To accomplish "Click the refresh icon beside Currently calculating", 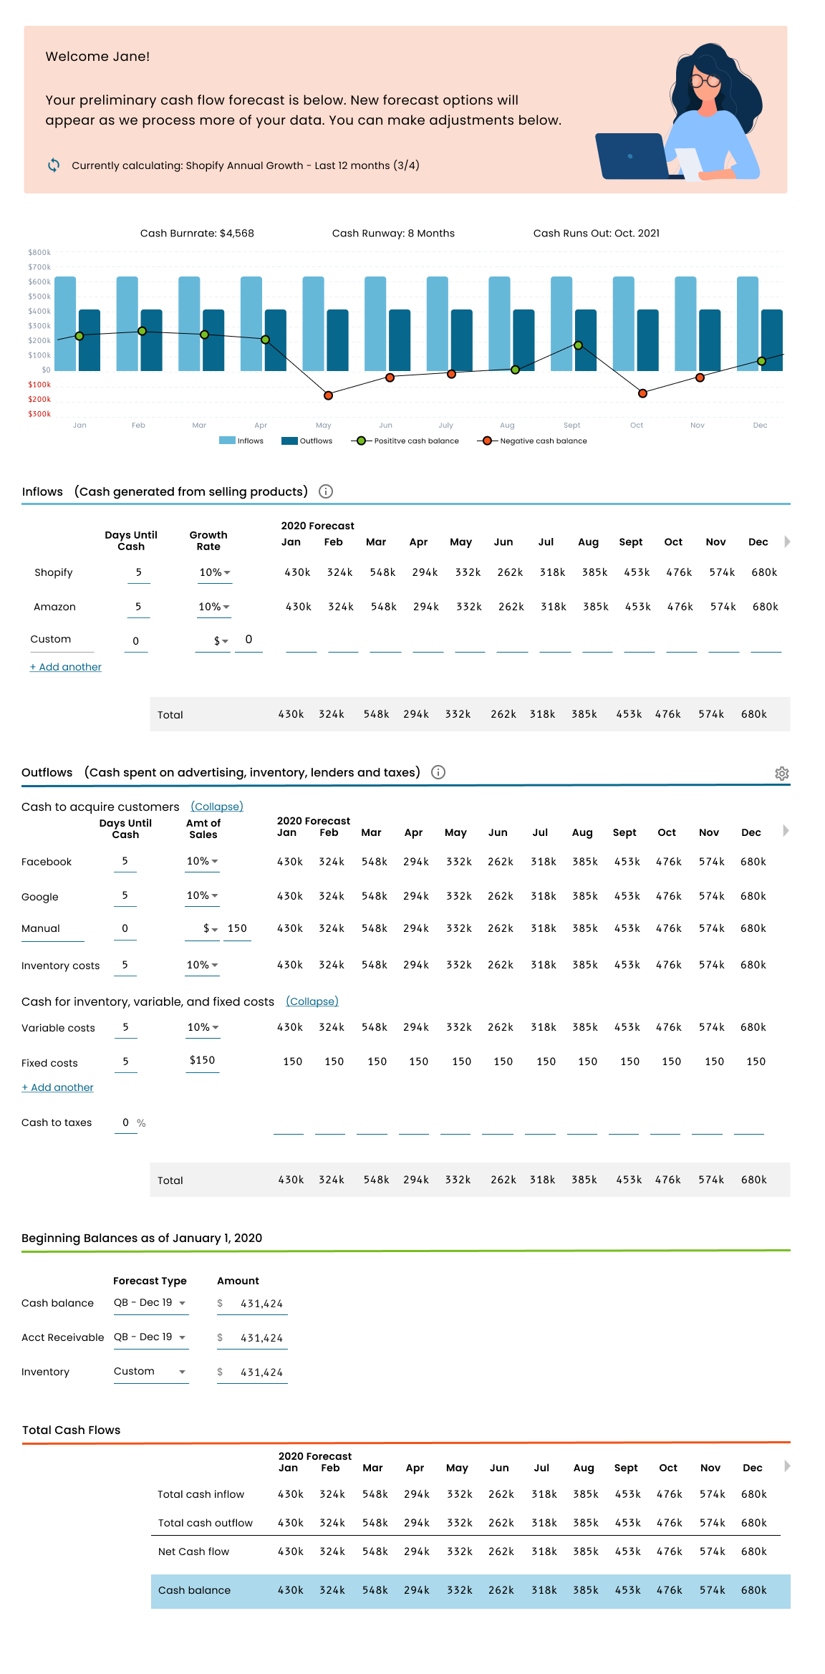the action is (54, 165).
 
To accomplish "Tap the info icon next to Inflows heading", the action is (326, 491).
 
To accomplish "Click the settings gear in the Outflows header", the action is (782, 774).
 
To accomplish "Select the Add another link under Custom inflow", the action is (66, 667).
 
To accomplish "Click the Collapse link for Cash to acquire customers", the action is (217, 807).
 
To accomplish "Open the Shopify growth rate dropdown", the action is (215, 573).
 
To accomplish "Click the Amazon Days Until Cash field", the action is (138, 607).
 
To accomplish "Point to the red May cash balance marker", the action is (328, 395).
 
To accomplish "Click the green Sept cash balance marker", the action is (578, 345).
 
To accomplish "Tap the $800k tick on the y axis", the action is (39, 252).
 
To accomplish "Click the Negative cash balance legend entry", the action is (532, 441).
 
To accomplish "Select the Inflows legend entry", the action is (241, 441).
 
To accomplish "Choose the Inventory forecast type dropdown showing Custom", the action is (151, 1372).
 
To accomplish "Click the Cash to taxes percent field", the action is (126, 1123).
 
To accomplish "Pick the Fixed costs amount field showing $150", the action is (203, 1061).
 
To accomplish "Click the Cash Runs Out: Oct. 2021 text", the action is (597, 234).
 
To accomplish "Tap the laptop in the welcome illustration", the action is (635, 156).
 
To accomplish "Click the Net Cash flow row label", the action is (194, 1552).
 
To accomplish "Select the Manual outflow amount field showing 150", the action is (237, 929).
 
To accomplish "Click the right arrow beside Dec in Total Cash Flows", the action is (787, 1466).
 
